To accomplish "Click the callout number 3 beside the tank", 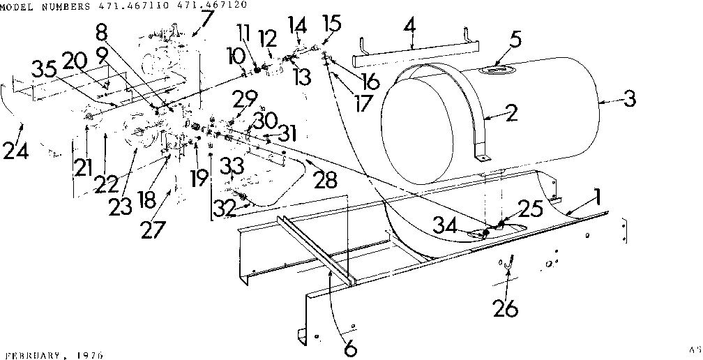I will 630,98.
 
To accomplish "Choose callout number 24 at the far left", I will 15,150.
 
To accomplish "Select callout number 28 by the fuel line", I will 324,181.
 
